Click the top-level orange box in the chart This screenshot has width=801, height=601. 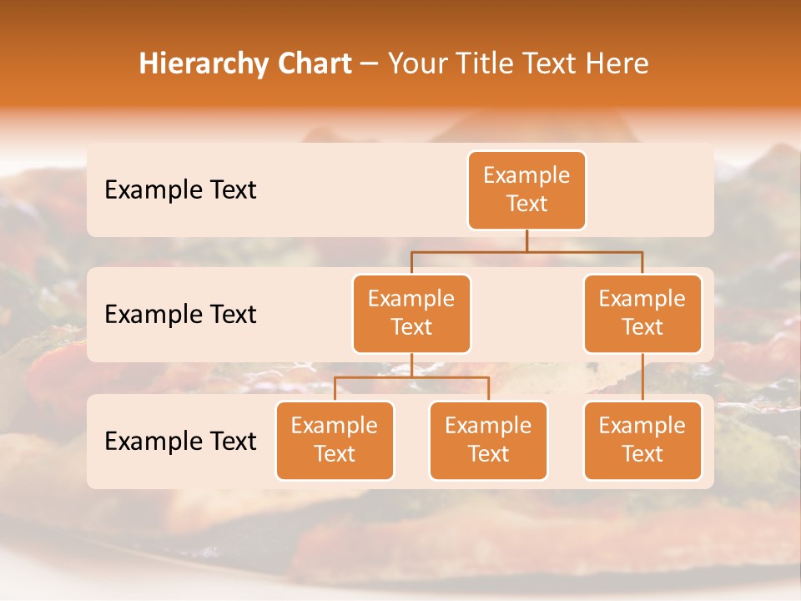point(526,190)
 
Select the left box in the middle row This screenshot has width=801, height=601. point(411,314)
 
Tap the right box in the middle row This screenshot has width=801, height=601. point(642,314)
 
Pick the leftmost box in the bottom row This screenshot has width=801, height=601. point(335,441)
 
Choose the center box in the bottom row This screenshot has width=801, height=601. point(488,441)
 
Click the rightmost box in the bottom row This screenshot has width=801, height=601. point(642,441)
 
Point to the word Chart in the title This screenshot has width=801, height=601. point(317,63)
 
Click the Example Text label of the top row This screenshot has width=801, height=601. point(180,190)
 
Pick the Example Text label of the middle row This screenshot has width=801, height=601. point(180,315)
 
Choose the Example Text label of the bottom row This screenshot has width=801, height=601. point(180,441)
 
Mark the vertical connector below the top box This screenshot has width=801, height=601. point(526,240)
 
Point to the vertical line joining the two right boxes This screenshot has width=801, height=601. point(642,377)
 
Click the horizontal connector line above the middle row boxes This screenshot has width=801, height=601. point(526,251)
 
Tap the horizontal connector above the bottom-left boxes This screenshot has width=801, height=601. point(411,377)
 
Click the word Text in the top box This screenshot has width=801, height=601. point(526,204)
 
